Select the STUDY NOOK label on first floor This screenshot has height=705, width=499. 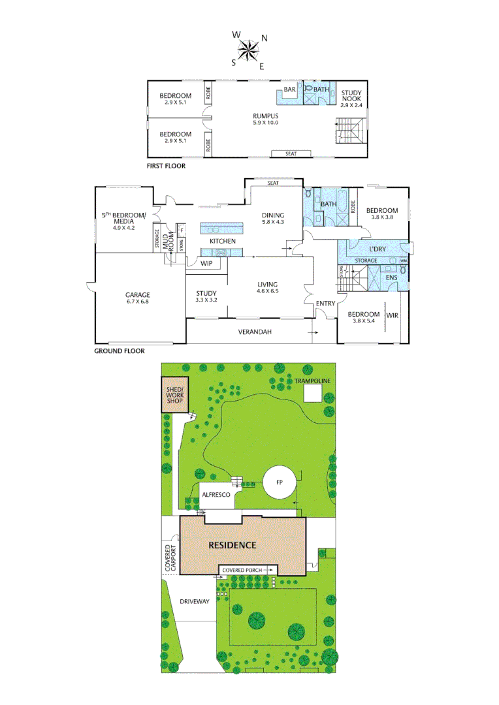[351, 99]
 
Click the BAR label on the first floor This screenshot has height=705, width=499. [289, 90]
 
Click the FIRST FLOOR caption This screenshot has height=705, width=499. [166, 166]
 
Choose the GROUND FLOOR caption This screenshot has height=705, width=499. [120, 351]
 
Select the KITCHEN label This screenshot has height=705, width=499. [223, 241]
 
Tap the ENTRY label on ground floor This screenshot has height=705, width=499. [325, 304]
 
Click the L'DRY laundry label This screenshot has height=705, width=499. [377, 249]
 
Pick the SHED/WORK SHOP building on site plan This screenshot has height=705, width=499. [174, 394]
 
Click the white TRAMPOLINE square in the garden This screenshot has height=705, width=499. [313, 394]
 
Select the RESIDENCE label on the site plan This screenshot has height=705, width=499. [232, 545]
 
